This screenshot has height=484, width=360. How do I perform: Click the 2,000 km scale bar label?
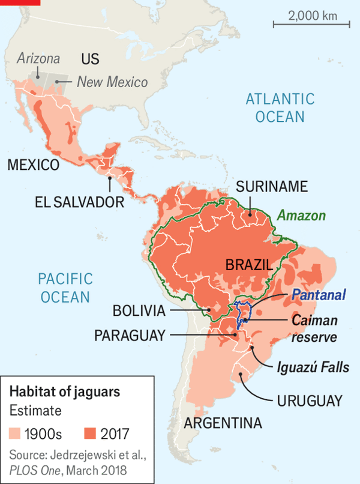[312, 16]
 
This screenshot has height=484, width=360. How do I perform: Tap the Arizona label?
[38, 59]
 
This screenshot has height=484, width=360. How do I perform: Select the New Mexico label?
[112, 82]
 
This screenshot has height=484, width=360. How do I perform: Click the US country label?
[90, 59]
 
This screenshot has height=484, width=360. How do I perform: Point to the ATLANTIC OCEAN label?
[280, 107]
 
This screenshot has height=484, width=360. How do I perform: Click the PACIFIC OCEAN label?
[65, 287]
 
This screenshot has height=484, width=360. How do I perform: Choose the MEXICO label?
[34, 165]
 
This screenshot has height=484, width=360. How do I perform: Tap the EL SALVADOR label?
[79, 201]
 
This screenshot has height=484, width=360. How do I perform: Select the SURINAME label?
[272, 187]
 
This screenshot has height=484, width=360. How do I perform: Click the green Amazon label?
[301, 216]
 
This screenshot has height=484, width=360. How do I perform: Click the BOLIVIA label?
[139, 310]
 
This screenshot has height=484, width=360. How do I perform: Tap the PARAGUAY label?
[129, 335]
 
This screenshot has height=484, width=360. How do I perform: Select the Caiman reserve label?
[315, 328]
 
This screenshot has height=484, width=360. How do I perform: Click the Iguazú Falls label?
[313, 367]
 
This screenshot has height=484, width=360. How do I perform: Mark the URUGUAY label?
[310, 401]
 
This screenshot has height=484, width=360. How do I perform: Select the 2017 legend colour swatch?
[91, 432]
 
